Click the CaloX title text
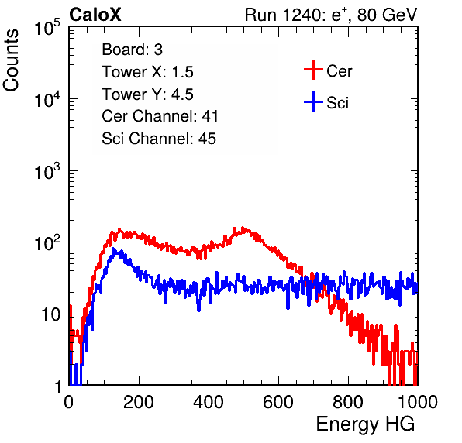coord(95,15)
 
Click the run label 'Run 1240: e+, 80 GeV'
coord(331,15)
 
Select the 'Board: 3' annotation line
coord(132,50)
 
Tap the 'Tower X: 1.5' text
coord(147,72)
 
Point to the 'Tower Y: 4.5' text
coord(147,94)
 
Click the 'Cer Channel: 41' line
coord(160,116)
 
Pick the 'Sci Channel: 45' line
coord(159,139)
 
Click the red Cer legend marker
coord(313,70)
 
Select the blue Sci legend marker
coord(313,101)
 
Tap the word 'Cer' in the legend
coord(339,71)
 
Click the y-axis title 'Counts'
coord(11,60)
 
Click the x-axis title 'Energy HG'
coord(365,424)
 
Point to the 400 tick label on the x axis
coord(209,402)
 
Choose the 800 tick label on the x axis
coord(348,402)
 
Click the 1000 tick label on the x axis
coord(417,402)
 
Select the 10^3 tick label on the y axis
coord(47,171)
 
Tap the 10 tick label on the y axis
coord(50,314)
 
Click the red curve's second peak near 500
coord(243,228)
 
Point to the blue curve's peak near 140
coord(114,249)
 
